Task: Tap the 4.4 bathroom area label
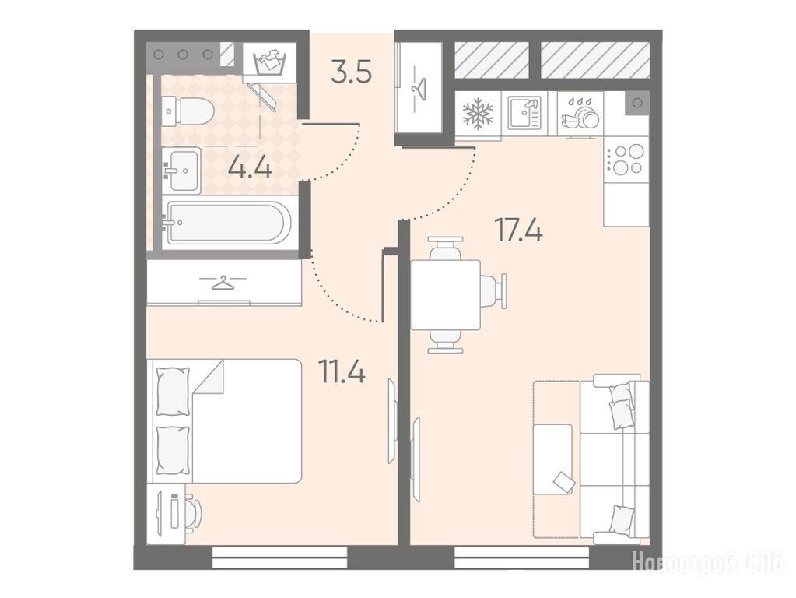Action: (x=250, y=166)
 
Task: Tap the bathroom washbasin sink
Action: (x=182, y=170)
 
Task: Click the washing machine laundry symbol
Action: (x=269, y=62)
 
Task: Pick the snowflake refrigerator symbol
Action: (x=478, y=114)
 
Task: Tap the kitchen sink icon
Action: (x=529, y=114)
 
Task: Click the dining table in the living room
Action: (x=445, y=294)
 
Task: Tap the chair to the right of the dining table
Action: (x=494, y=291)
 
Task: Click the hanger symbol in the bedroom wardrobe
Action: (x=223, y=283)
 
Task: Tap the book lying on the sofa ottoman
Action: (x=563, y=481)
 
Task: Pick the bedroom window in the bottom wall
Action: (x=279, y=558)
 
